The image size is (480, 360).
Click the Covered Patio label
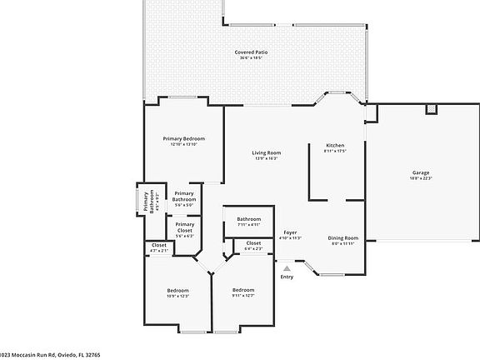(x=251, y=52)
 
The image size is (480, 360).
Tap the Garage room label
(x=421, y=172)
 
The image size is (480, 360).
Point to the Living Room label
(x=267, y=152)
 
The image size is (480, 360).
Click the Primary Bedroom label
(x=183, y=138)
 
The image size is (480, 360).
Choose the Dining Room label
(x=343, y=237)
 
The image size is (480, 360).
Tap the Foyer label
(x=290, y=232)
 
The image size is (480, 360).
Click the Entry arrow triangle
(x=287, y=268)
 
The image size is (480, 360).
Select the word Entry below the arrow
(x=287, y=277)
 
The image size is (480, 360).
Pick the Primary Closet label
(x=184, y=227)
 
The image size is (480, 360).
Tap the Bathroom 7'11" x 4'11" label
(x=249, y=219)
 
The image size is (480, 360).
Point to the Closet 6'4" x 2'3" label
(x=253, y=243)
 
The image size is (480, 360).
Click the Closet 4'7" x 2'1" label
(x=158, y=245)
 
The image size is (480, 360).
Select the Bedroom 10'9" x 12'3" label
(x=178, y=290)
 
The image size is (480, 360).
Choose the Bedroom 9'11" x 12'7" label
(x=242, y=290)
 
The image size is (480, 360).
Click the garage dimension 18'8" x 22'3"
(x=421, y=178)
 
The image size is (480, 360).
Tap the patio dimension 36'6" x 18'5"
(x=251, y=57)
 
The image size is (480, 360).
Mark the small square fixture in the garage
(x=431, y=109)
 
